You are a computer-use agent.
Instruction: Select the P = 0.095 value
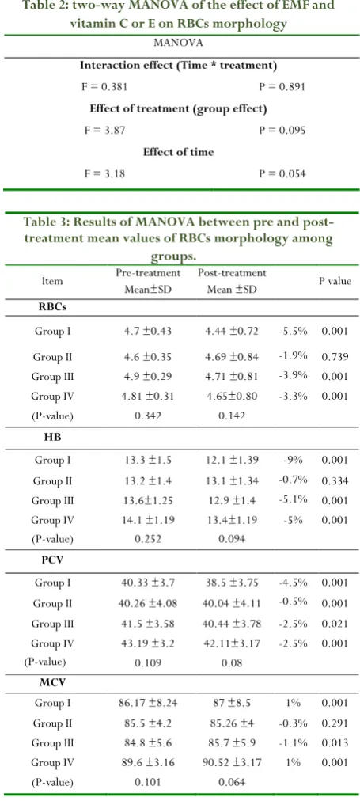click(282, 131)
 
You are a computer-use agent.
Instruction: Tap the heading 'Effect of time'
click(178, 152)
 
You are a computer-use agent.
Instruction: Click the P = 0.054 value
click(282, 174)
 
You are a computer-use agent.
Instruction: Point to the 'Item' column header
click(52, 281)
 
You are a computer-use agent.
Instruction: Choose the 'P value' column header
click(335, 281)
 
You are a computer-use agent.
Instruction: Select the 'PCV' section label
click(52, 559)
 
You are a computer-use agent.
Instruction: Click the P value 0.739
click(335, 357)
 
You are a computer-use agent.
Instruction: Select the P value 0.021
click(335, 624)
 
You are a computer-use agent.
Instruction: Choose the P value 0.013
click(335, 743)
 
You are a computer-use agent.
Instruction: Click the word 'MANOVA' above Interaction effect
click(178, 43)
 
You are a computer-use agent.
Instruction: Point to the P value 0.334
click(335, 480)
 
